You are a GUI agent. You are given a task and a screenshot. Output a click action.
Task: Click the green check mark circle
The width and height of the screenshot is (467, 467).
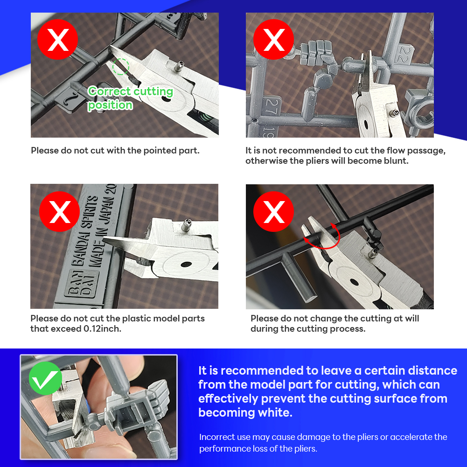[46, 378]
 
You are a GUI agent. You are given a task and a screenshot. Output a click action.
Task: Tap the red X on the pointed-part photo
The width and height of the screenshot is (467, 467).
[58, 40]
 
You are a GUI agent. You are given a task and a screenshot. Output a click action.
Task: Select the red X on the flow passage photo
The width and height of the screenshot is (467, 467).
[274, 40]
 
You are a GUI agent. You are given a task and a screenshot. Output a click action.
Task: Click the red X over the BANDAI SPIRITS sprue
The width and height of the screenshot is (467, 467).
[60, 211]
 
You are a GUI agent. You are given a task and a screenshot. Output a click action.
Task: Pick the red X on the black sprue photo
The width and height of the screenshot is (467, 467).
[274, 211]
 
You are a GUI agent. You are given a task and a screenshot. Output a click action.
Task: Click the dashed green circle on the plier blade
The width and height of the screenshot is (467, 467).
[121, 67]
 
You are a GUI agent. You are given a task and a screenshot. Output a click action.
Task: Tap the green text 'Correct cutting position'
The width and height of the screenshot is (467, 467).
[130, 98]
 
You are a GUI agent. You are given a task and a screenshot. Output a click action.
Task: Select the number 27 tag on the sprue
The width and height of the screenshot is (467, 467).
[272, 106]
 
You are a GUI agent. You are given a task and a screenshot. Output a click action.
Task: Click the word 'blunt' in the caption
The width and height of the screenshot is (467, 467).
[396, 161]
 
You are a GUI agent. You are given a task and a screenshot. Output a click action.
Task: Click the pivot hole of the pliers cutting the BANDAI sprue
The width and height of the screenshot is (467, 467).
[186, 264]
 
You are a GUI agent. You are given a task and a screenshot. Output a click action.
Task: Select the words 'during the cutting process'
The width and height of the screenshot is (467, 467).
[307, 329]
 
